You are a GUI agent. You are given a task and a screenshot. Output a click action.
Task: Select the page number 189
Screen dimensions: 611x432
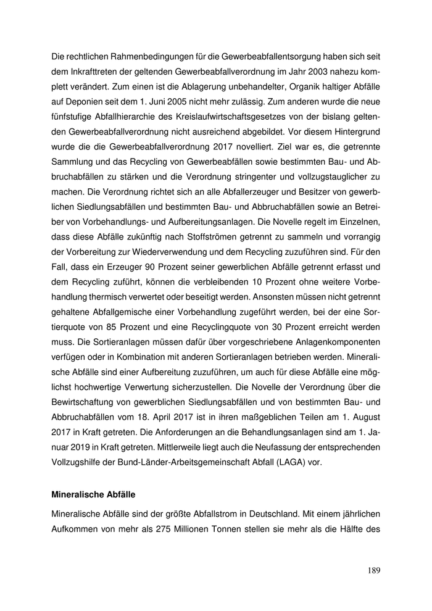(x=373, y=570)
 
